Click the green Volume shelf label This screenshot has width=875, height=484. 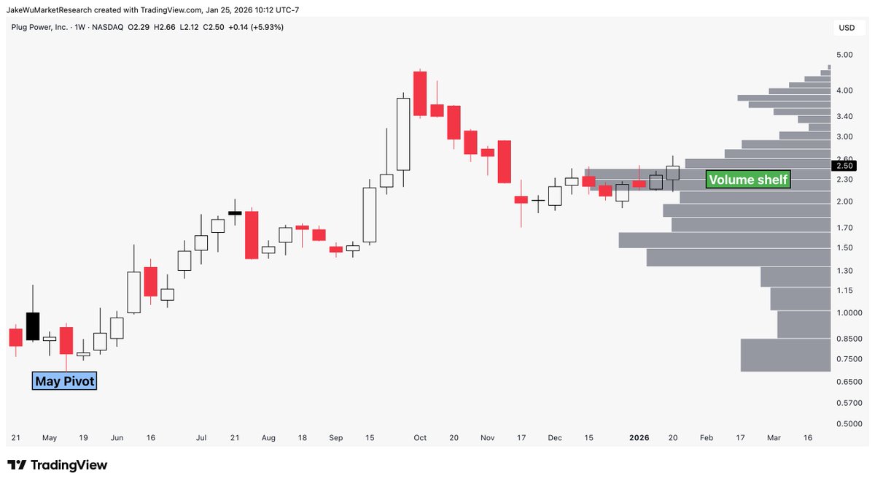[x=748, y=180]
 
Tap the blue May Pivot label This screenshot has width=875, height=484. [x=64, y=380]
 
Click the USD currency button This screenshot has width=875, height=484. [x=847, y=28]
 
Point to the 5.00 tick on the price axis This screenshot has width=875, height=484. [x=844, y=55]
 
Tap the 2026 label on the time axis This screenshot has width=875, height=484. [x=639, y=438]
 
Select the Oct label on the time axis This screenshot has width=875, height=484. [x=420, y=438]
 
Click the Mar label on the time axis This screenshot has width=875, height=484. [x=774, y=438]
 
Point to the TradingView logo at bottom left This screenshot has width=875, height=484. [x=58, y=465]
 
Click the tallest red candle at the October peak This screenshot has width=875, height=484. [x=420, y=93]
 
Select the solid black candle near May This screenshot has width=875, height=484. [x=33, y=326]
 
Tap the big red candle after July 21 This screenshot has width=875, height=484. [x=252, y=234]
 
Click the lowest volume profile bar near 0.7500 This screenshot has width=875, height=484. [x=785, y=355]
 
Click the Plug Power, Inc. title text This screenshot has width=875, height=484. [x=40, y=27]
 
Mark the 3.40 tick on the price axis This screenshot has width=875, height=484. [x=844, y=116]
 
